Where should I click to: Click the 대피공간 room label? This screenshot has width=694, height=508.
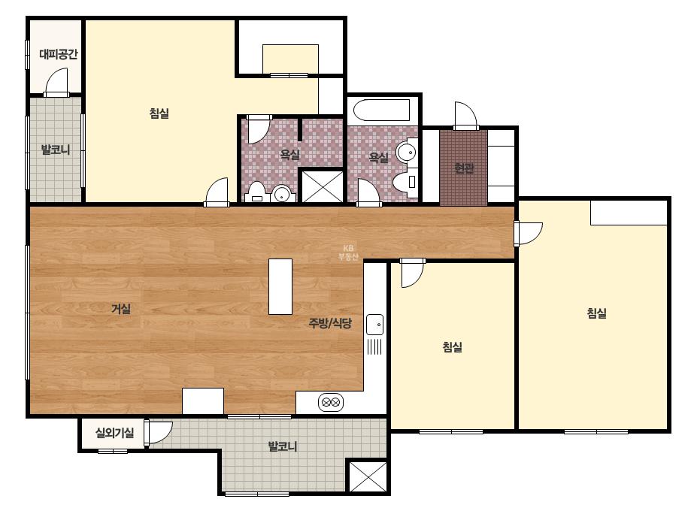(59, 54)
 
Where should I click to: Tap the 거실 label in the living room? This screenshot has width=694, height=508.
(121, 308)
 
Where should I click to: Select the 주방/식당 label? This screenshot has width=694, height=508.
(330, 323)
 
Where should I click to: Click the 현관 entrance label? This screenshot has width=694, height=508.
(464, 168)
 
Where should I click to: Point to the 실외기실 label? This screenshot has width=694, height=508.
(114, 432)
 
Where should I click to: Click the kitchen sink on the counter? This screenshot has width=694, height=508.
(374, 325)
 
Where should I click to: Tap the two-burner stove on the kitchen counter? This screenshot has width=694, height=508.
(331, 402)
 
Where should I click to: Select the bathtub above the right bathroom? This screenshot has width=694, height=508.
(382, 110)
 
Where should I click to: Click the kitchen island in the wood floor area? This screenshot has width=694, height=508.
(280, 287)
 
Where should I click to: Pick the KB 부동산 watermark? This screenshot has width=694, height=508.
(348, 252)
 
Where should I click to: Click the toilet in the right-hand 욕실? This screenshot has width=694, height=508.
(405, 182)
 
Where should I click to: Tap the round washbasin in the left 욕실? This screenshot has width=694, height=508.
(281, 193)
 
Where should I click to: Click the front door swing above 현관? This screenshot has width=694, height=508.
(465, 116)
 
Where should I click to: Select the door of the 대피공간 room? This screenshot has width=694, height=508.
(56, 83)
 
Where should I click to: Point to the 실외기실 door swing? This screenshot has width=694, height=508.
(158, 432)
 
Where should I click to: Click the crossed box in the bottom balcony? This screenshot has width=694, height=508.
(368, 476)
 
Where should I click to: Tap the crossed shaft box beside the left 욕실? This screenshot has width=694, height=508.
(323, 186)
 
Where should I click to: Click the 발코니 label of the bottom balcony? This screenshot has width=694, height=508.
(283, 446)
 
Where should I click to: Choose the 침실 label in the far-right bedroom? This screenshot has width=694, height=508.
(596, 313)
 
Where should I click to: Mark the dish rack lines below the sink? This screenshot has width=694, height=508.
(374, 346)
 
